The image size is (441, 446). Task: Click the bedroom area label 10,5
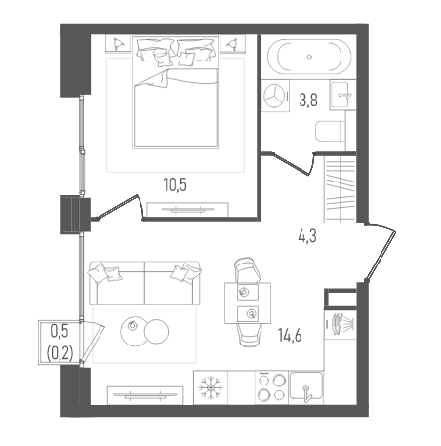176,185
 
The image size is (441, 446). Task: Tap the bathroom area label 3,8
308,100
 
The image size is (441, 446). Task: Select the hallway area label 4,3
307,236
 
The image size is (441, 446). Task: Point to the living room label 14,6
290,335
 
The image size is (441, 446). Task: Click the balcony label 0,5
60,331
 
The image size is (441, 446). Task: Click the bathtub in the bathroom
309,57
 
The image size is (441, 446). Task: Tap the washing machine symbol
276,96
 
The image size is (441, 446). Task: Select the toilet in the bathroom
330,132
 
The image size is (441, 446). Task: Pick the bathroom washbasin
342,96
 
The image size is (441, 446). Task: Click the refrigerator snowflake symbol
211,387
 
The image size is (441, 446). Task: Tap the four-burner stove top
271,387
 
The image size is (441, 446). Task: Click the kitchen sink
306,387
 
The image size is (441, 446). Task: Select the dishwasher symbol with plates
341,324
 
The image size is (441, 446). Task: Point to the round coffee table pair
144,331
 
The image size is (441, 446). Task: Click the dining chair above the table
247,269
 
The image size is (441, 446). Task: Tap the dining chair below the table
249,336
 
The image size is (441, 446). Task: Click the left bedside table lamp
118,44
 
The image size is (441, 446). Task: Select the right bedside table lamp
232,44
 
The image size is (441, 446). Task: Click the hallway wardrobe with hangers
341,189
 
